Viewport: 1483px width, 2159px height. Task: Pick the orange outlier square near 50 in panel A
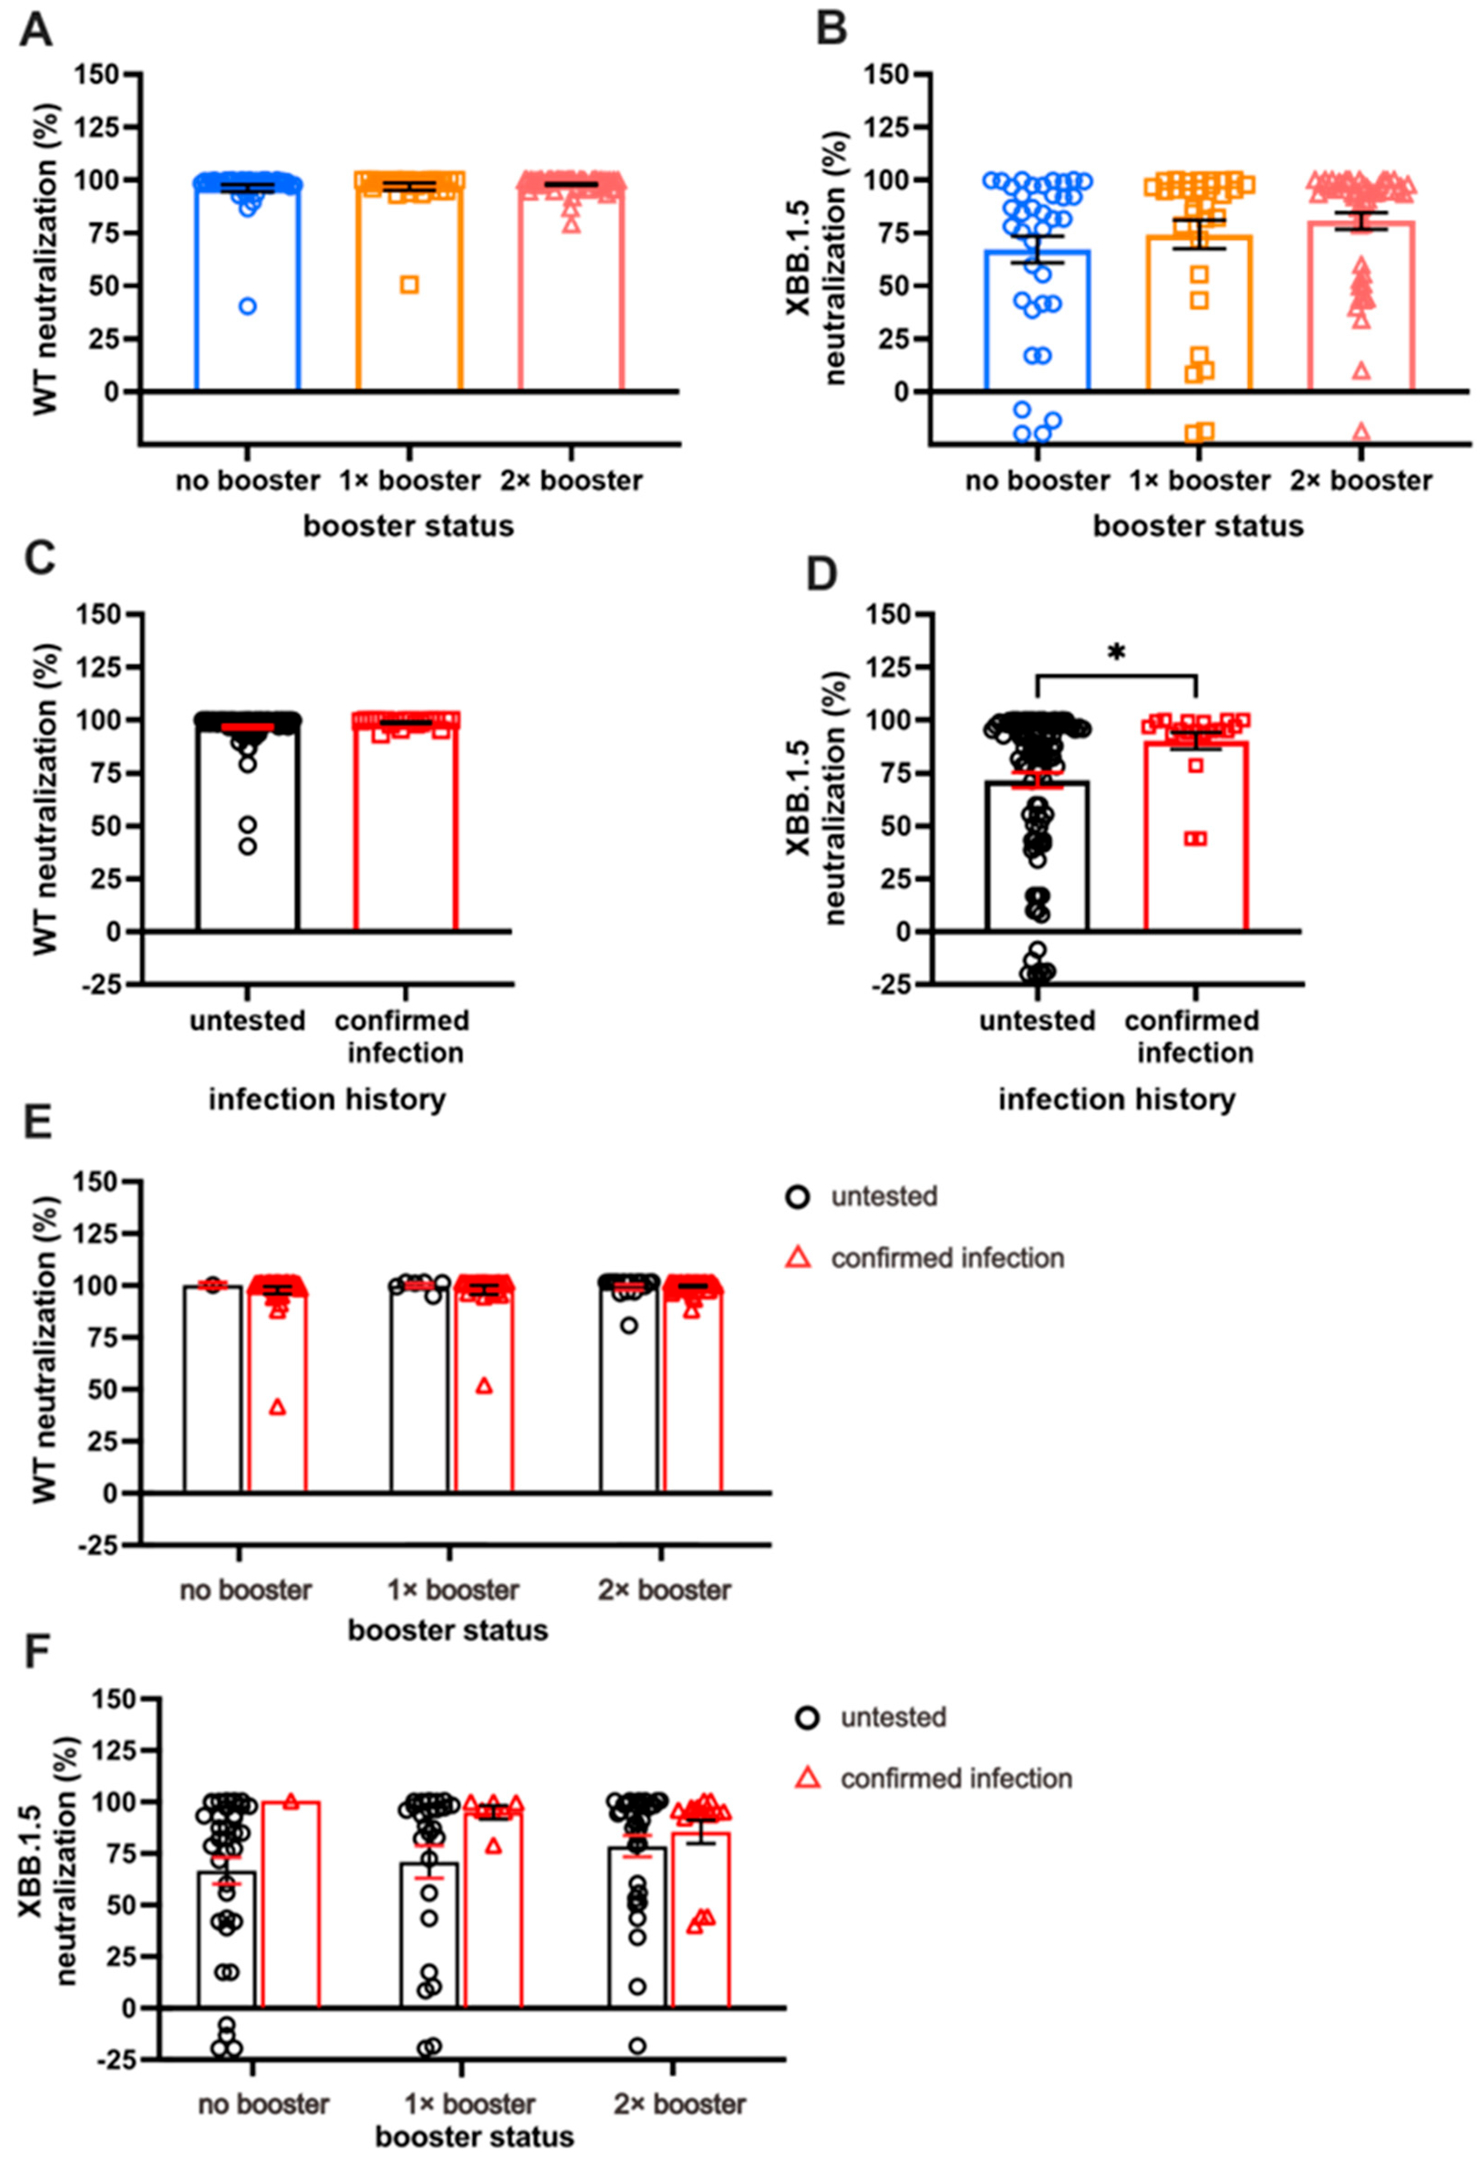click(x=409, y=284)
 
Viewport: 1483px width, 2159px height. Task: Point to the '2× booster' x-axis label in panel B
click(x=1361, y=480)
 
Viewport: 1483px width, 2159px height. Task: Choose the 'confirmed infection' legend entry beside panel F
click(x=955, y=1778)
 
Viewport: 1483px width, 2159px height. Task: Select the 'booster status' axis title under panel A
click(x=409, y=526)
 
